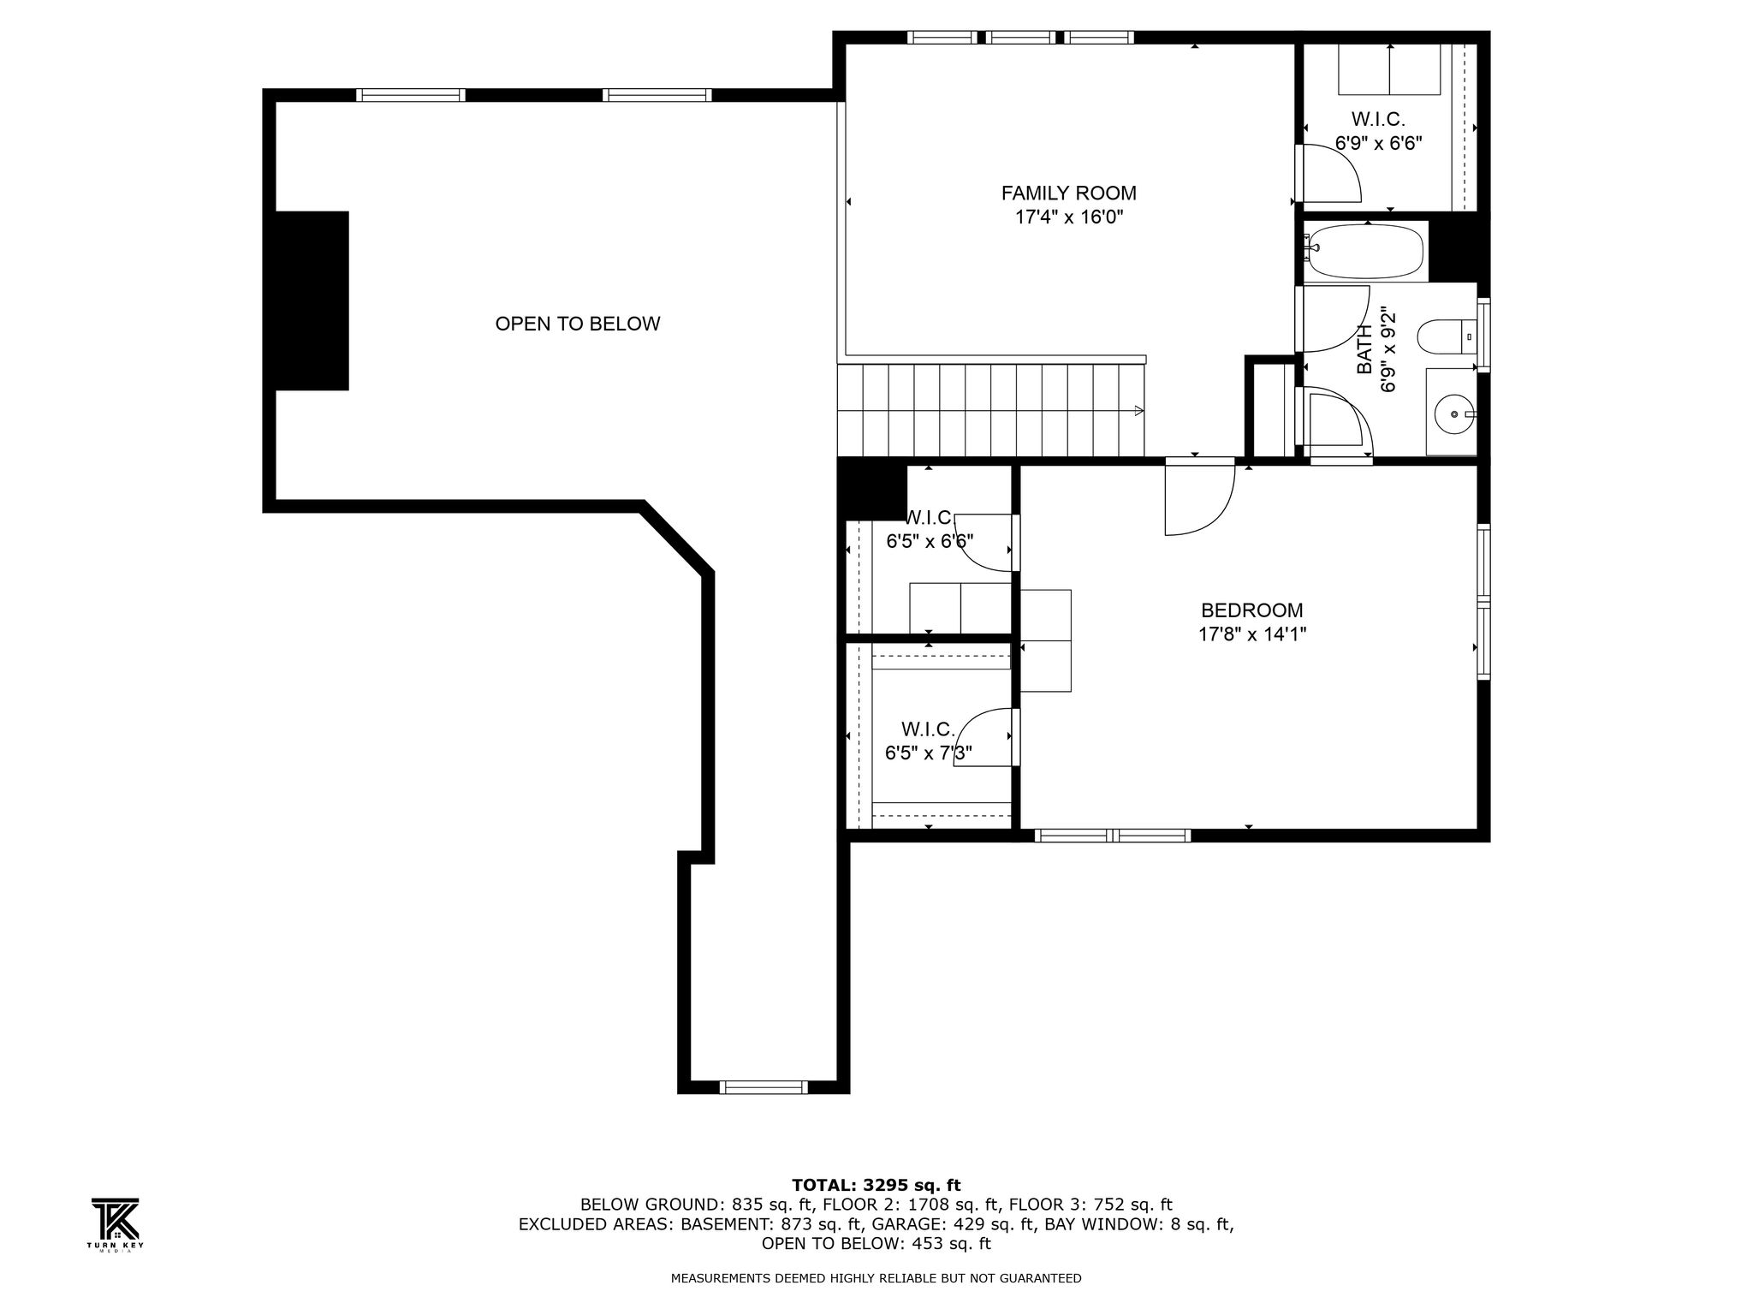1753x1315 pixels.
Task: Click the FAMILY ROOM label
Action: (x=1068, y=193)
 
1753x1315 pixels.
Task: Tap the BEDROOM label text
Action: (x=1251, y=610)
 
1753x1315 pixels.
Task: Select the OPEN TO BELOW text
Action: (x=578, y=324)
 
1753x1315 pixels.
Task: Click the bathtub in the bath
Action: (x=1364, y=251)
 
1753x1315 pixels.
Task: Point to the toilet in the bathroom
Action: (x=1447, y=336)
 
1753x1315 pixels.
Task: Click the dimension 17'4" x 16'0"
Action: (x=1068, y=217)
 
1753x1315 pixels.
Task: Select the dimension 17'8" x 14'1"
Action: (x=1251, y=634)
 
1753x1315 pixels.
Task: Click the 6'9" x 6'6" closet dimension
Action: (x=1378, y=143)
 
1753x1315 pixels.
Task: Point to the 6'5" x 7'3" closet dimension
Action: (x=928, y=753)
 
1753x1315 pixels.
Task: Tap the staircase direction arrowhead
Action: (x=1139, y=411)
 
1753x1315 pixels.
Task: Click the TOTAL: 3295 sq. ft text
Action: (x=876, y=1185)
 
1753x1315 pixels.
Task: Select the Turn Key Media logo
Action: (x=115, y=1225)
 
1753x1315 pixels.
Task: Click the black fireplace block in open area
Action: (x=312, y=300)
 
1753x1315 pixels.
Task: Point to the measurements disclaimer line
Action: (x=876, y=1278)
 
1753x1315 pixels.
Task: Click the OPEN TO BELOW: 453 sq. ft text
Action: (x=876, y=1243)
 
